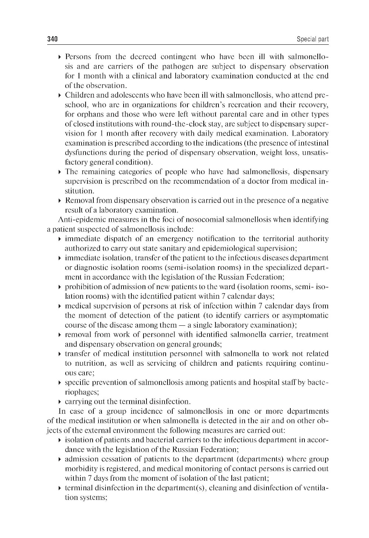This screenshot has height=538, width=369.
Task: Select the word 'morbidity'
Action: tap(79, 468)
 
